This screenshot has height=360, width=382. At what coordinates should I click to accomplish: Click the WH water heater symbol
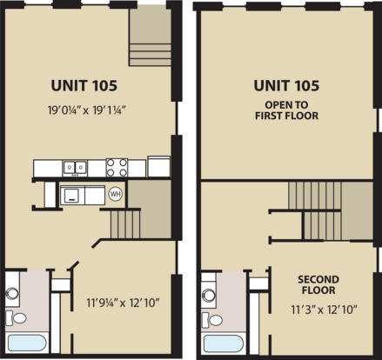[115, 194]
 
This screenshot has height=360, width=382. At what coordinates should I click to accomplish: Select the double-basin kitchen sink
[75, 168]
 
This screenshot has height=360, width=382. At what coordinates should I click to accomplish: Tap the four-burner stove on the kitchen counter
[117, 168]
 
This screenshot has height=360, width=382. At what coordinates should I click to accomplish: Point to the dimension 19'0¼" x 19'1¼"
[86, 110]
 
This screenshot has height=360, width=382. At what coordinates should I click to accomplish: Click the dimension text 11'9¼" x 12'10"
[124, 303]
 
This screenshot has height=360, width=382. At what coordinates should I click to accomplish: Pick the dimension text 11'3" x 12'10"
[324, 310]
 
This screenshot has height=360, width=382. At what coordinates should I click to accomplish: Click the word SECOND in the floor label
[318, 279]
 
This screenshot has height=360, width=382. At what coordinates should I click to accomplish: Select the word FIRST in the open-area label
[269, 116]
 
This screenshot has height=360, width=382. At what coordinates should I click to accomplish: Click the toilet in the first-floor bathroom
[16, 318]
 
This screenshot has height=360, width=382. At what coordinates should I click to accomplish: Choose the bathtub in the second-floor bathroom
[224, 343]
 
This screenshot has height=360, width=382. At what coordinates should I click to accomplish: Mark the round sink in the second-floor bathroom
[209, 295]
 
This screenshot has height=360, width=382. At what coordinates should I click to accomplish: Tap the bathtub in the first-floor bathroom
[27, 343]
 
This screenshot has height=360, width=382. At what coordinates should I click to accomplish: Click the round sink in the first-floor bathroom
[12, 293]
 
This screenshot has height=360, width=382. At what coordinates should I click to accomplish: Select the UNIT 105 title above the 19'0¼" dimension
[84, 85]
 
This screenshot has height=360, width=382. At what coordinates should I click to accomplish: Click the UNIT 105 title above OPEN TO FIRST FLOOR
[286, 85]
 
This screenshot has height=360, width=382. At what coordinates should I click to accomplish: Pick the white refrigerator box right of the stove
[159, 166]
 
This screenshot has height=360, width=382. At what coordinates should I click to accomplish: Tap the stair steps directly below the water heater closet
[125, 224]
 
